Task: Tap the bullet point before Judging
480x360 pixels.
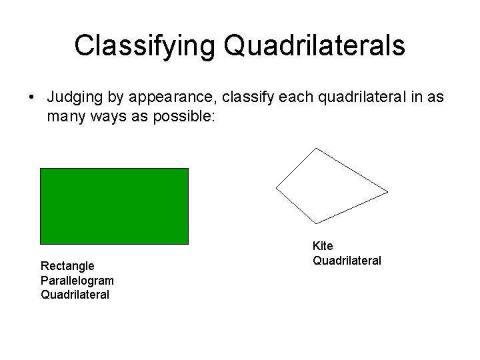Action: [x=31, y=98]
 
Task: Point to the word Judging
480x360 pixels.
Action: [x=75, y=98]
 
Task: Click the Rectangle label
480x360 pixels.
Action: [x=67, y=266]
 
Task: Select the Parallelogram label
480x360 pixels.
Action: [x=77, y=281]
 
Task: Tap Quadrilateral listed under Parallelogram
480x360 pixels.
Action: [x=75, y=295]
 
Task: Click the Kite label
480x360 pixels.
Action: [x=323, y=246]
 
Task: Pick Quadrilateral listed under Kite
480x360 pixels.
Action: [x=347, y=261]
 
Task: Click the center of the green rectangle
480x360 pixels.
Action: [x=114, y=206]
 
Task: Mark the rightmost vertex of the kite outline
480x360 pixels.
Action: [x=387, y=192]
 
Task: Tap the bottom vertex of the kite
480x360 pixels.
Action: [x=315, y=223]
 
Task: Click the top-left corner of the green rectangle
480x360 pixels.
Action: [x=41, y=169]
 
